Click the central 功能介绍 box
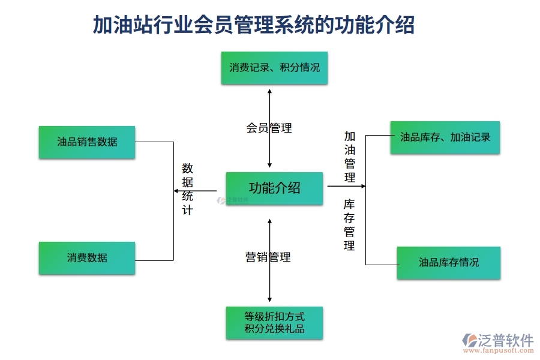pyautogui.click(x=274, y=188)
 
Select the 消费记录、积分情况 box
pyautogui.click(x=274, y=67)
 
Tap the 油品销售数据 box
pyautogui.click(x=87, y=142)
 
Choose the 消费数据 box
pyautogui.click(x=87, y=258)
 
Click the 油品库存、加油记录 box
pyautogui.click(x=445, y=137)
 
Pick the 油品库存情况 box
pyautogui.click(x=448, y=262)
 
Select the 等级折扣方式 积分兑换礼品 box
pyautogui.click(x=274, y=323)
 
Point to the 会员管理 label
pyautogui.click(x=269, y=128)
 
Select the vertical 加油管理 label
pyautogui.click(x=349, y=157)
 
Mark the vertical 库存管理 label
pyautogui.click(x=349, y=225)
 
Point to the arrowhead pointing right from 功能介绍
pyautogui.click(x=362, y=186)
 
